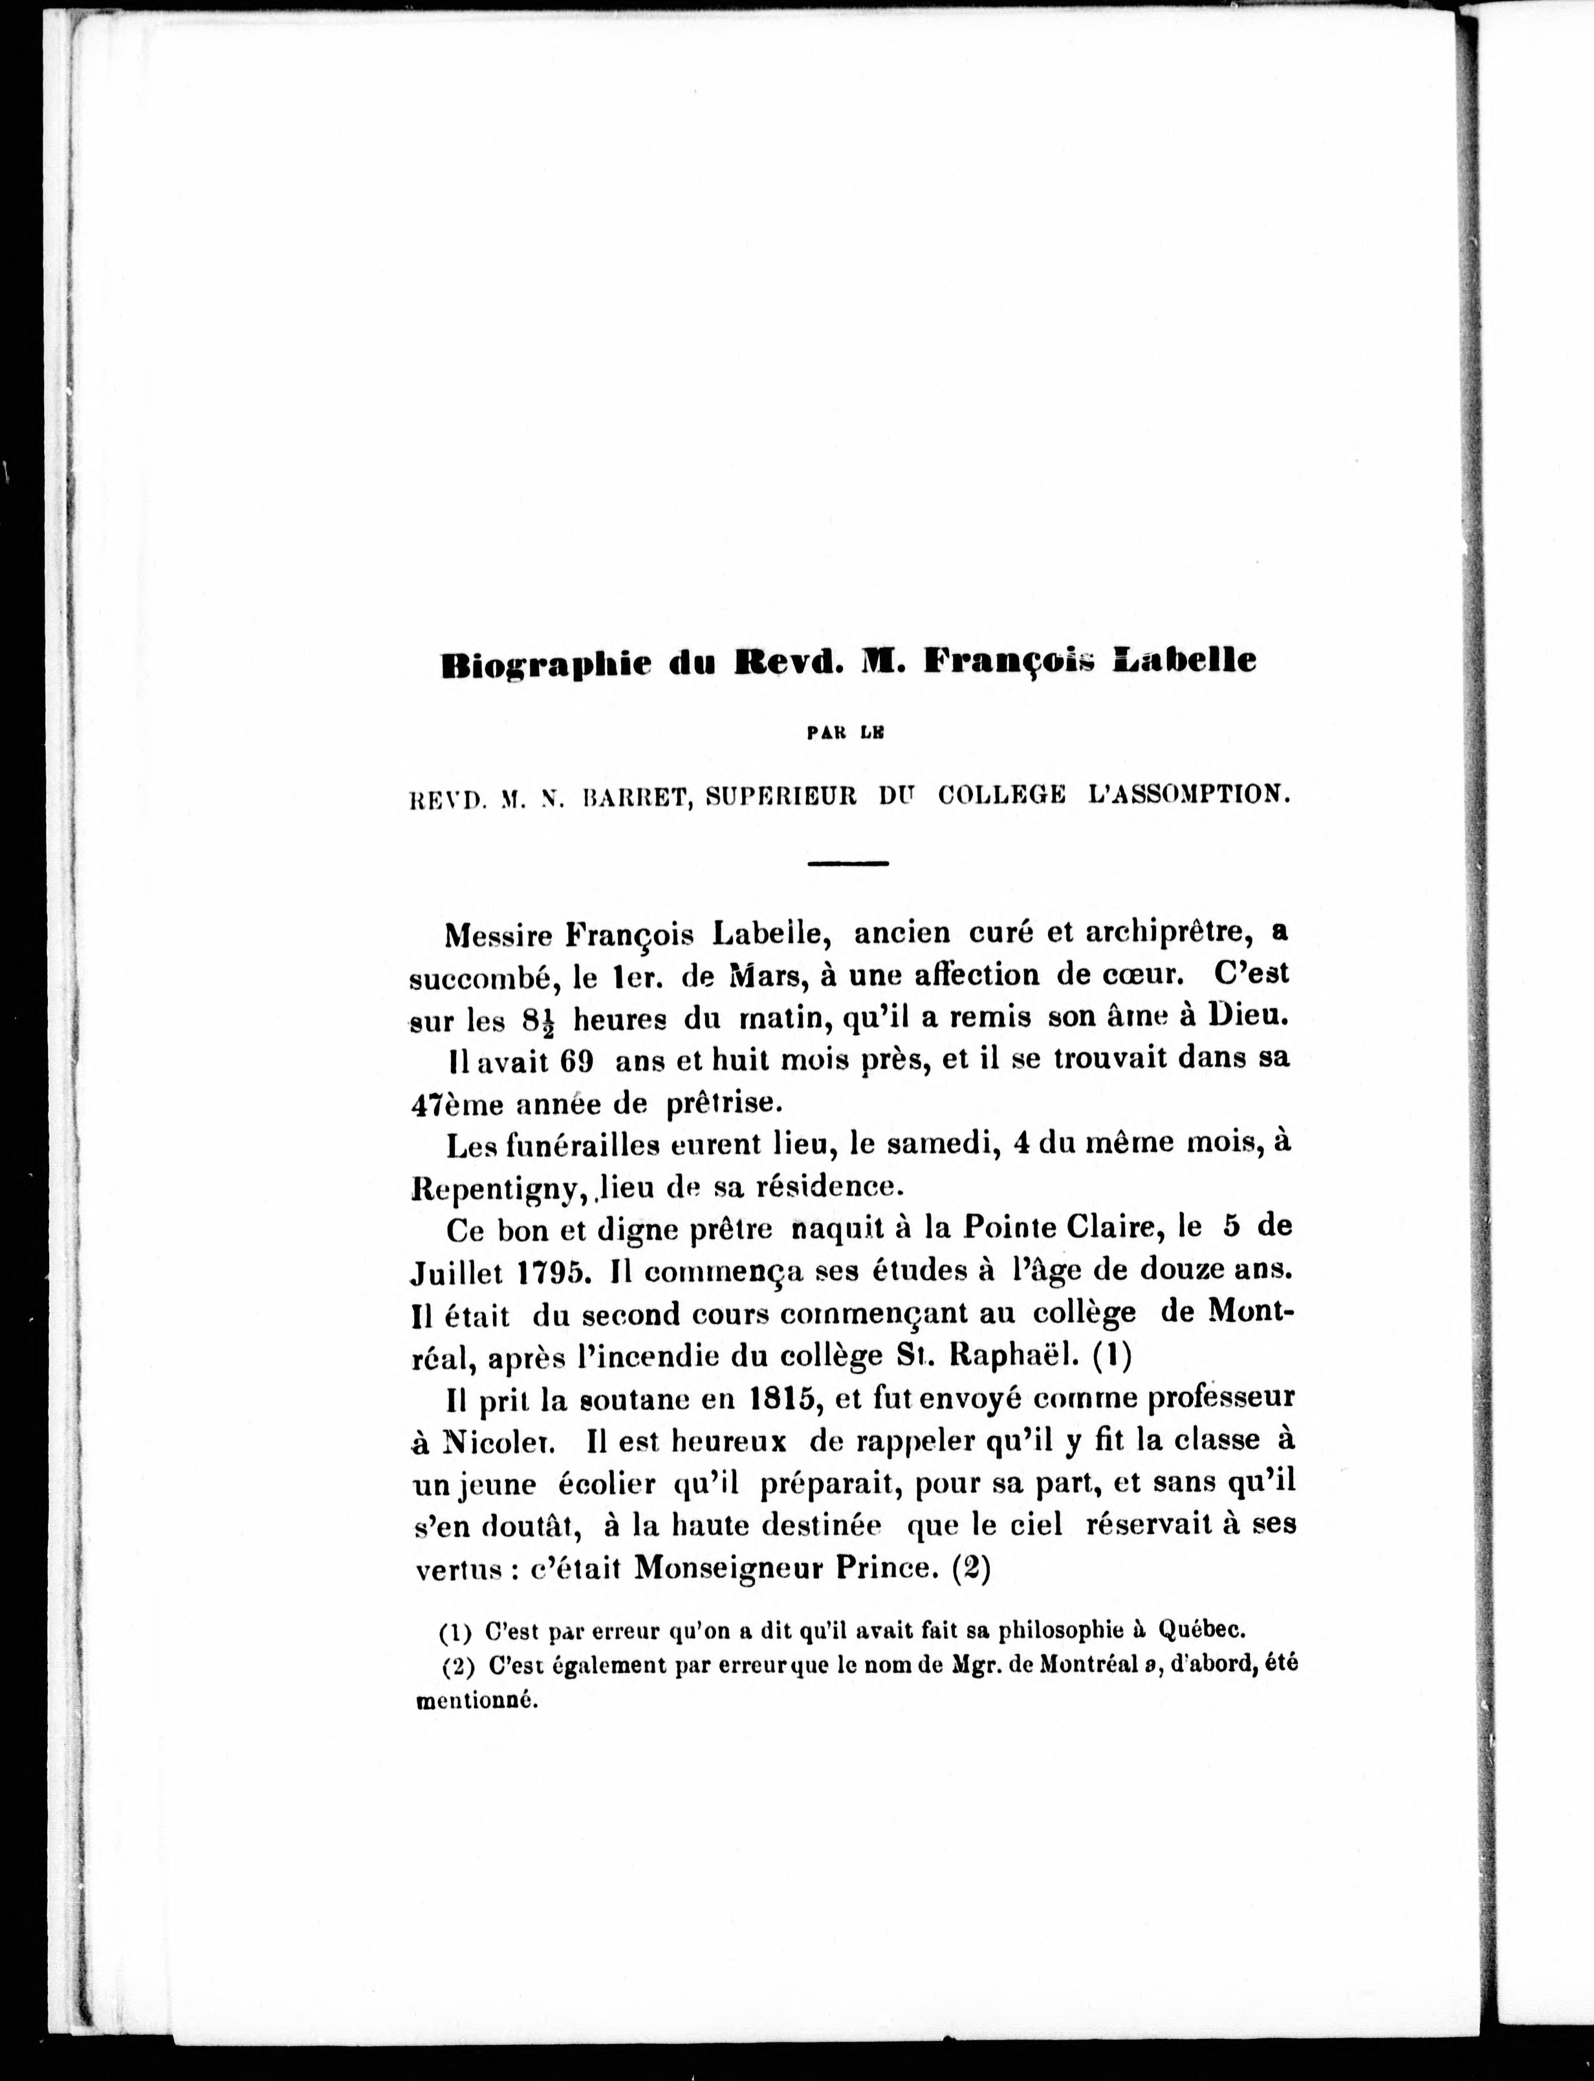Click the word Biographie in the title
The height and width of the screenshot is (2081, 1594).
(x=545, y=663)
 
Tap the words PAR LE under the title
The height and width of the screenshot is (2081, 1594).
(x=844, y=731)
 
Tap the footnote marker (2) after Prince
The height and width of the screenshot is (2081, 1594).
(x=970, y=1568)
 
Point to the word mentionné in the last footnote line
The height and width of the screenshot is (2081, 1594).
(x=477, y=1701)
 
